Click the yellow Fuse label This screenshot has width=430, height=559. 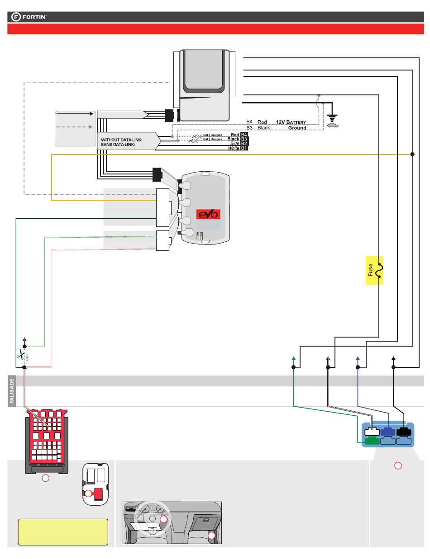pyautogui.click(x=374, y=270)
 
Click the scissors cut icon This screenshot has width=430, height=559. pyautogui.click(x=20, y=356)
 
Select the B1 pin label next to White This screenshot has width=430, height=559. pyautogui.click(x=244, y=148)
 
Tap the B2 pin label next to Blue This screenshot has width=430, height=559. pyautogui.click(x=244, y=144)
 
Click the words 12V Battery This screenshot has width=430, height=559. pyautogui.click(x=291, y=122)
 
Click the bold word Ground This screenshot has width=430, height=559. pyautogui.click(x=297, y=128)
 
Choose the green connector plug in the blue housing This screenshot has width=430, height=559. pyautogui.click(x=372, y=440)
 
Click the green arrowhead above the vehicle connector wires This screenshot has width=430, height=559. pyautogui.click(x=294, y=358)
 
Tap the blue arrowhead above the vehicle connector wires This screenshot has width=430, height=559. pyautogui.click(x=358, y=358)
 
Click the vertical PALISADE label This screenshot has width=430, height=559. pyautogui.click(x=12, y=391)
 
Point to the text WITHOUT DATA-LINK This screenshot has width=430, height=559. pyautogui.click(x=121, y=140)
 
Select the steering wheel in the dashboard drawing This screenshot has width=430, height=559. pyautogui.click(x=152, y=518)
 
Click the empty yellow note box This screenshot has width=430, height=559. pyautogui.click(x=63, y=532)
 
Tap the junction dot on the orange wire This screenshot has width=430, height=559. pyautogui.click(x=412, y=154)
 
